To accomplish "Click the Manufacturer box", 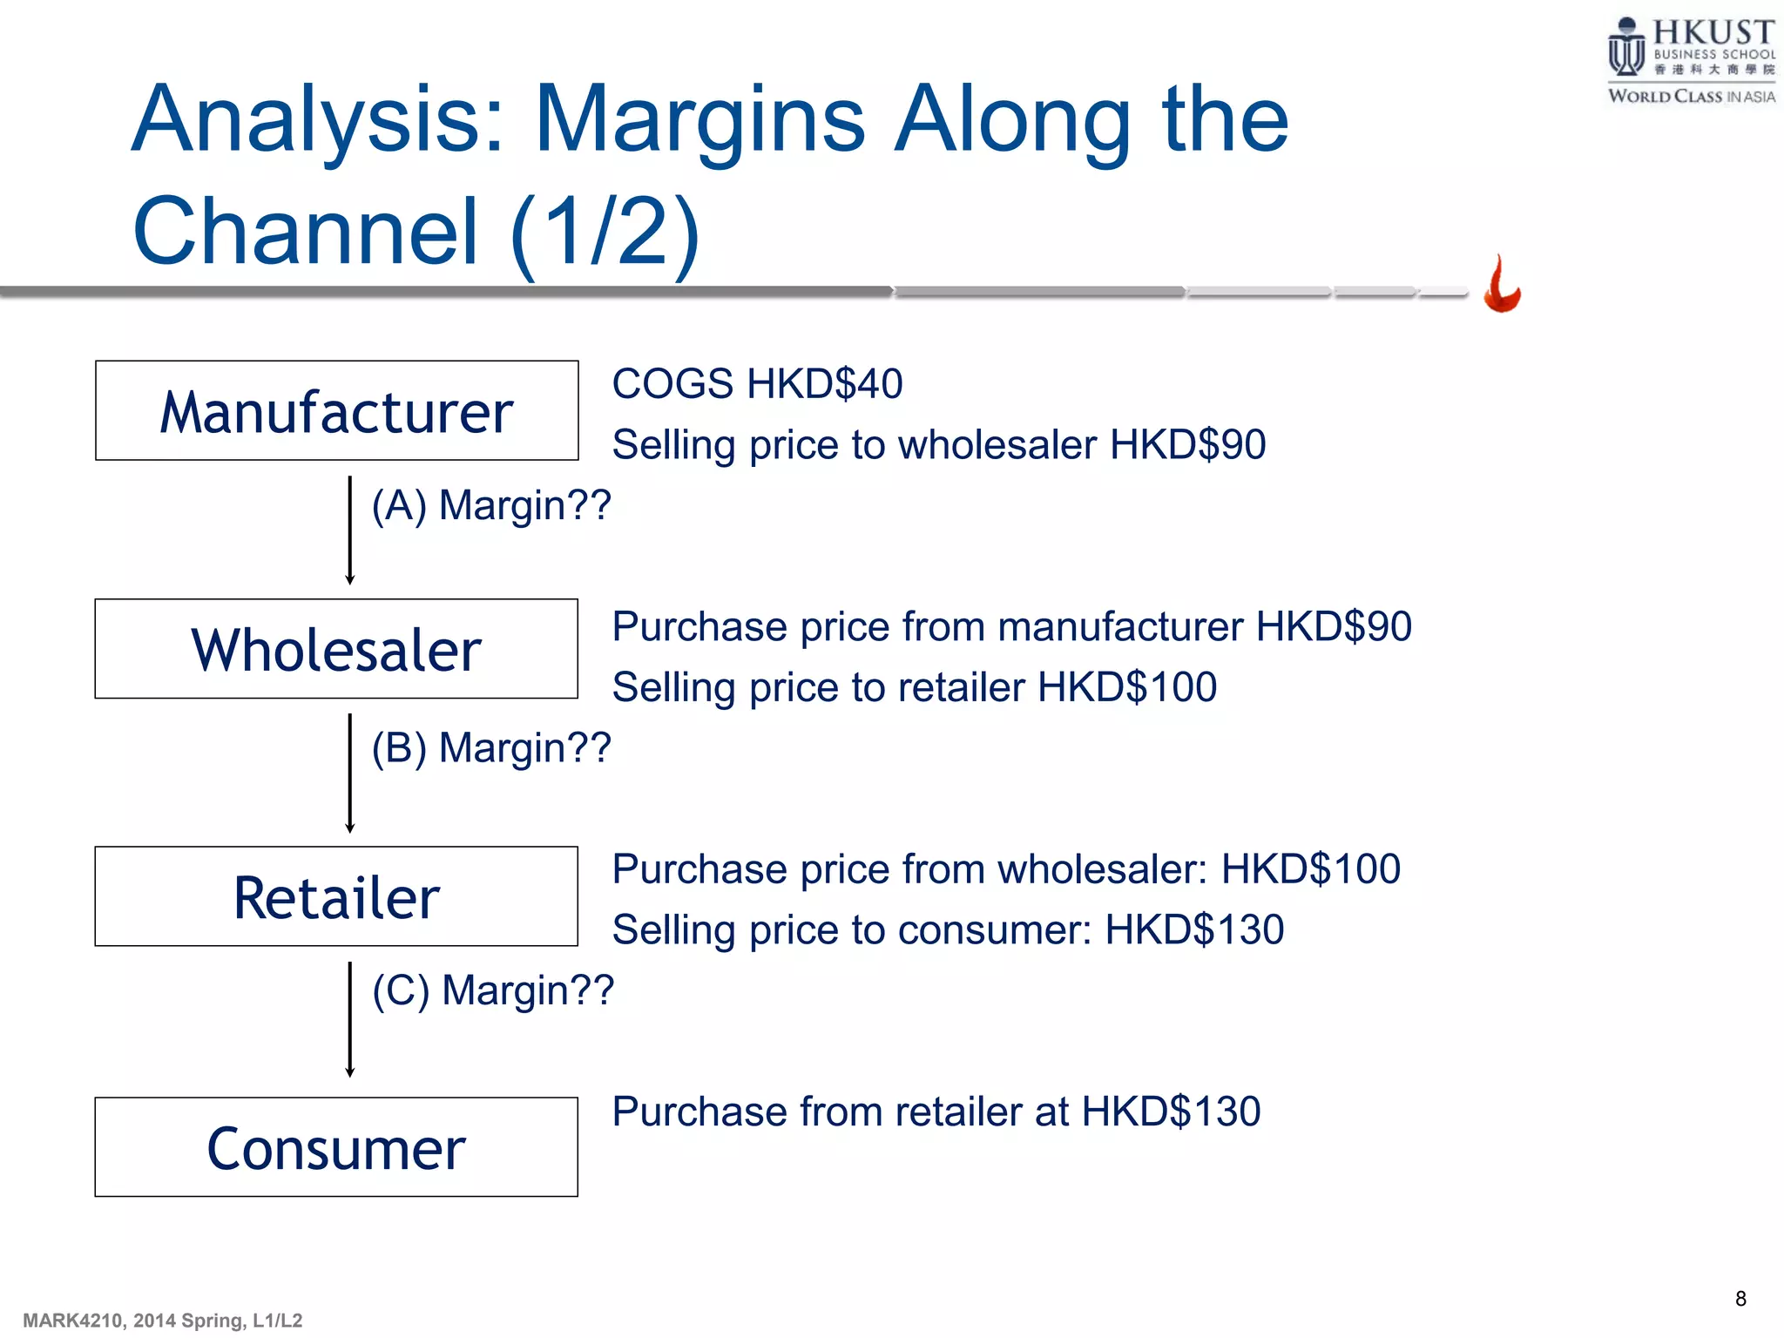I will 336,410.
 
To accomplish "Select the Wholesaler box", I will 336,649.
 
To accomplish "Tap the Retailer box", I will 336,896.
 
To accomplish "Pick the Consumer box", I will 336,1147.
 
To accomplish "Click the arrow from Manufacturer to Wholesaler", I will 350,530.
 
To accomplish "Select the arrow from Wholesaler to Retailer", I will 350,773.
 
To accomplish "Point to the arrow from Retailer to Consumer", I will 350,1019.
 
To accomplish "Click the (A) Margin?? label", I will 491,505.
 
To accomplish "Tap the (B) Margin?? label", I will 491,748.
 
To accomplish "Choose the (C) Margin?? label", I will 493,990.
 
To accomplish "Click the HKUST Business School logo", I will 1690,61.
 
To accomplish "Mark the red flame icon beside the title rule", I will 1502,285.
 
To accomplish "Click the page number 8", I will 1740,1299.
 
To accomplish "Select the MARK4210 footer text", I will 162,1321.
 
